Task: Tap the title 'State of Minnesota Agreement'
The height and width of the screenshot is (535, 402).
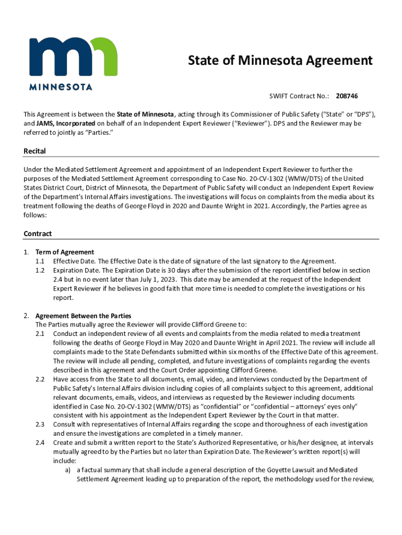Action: tap(280, 61)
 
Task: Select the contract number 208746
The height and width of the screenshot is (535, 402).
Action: tap(347, 96)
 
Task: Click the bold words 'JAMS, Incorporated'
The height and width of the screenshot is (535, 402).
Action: tap(66, 124)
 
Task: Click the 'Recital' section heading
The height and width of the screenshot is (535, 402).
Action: tap(35, 151)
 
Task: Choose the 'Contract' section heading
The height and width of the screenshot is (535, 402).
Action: tap(38, 234)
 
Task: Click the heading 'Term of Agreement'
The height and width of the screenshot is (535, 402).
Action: tap(65, 252)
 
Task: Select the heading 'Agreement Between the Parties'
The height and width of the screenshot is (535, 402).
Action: tap(83, 316)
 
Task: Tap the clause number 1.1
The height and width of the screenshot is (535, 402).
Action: tap(40, 261)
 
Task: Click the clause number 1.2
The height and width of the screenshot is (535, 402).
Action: tap(40, 270)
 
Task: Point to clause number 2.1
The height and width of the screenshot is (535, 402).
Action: tap(40, 333)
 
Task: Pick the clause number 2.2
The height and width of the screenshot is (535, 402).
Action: tap(40, 379)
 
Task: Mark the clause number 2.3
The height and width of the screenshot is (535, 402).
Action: tap(40, 424)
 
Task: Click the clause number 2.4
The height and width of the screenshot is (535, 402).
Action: tap(40, 443)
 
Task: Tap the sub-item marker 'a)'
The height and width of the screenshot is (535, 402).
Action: tap(68, 470)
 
